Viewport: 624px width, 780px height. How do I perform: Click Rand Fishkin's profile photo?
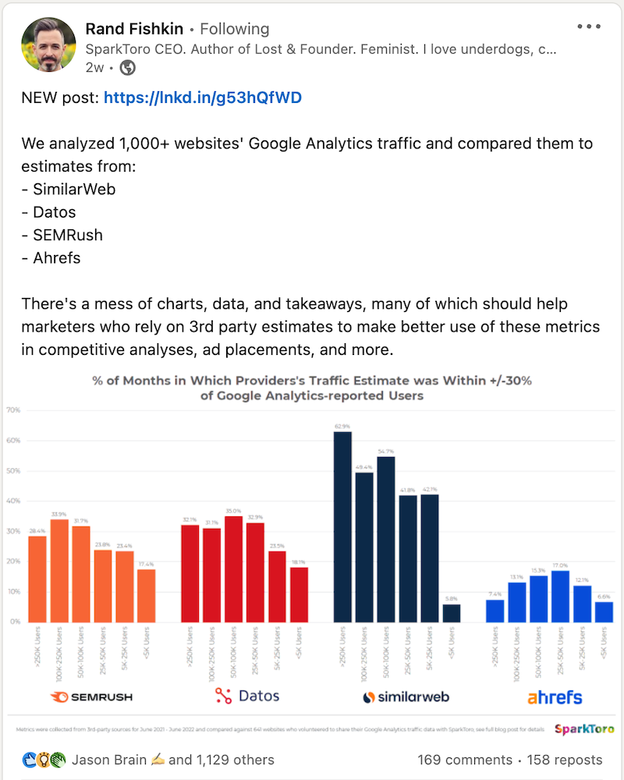pos(48,44)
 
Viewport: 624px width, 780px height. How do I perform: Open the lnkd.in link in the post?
pos(202,97)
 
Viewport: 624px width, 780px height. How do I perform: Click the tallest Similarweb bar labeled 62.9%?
pos(342,526)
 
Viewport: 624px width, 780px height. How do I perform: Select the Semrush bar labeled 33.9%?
pos(59,570)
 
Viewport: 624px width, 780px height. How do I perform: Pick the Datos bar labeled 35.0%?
pos(233,569)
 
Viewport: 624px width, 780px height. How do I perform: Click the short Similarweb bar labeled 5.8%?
pos(452,613)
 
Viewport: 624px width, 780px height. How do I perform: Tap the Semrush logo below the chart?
pos(92,697)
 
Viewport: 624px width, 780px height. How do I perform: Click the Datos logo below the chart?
pos(246,696)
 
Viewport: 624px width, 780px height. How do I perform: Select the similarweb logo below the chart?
pos(406,697)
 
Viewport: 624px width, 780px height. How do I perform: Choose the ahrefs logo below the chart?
pos(554,697)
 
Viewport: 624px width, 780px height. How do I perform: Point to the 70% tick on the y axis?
pos(12,409)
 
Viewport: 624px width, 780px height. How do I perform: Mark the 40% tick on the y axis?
pos(12,501)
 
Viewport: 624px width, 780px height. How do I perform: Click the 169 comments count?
pos(464,760)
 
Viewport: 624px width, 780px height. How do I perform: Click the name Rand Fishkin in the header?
pos(134,29)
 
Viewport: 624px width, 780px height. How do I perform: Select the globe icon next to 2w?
pos(127,68)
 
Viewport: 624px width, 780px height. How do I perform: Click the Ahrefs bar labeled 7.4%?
pos(495,611)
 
